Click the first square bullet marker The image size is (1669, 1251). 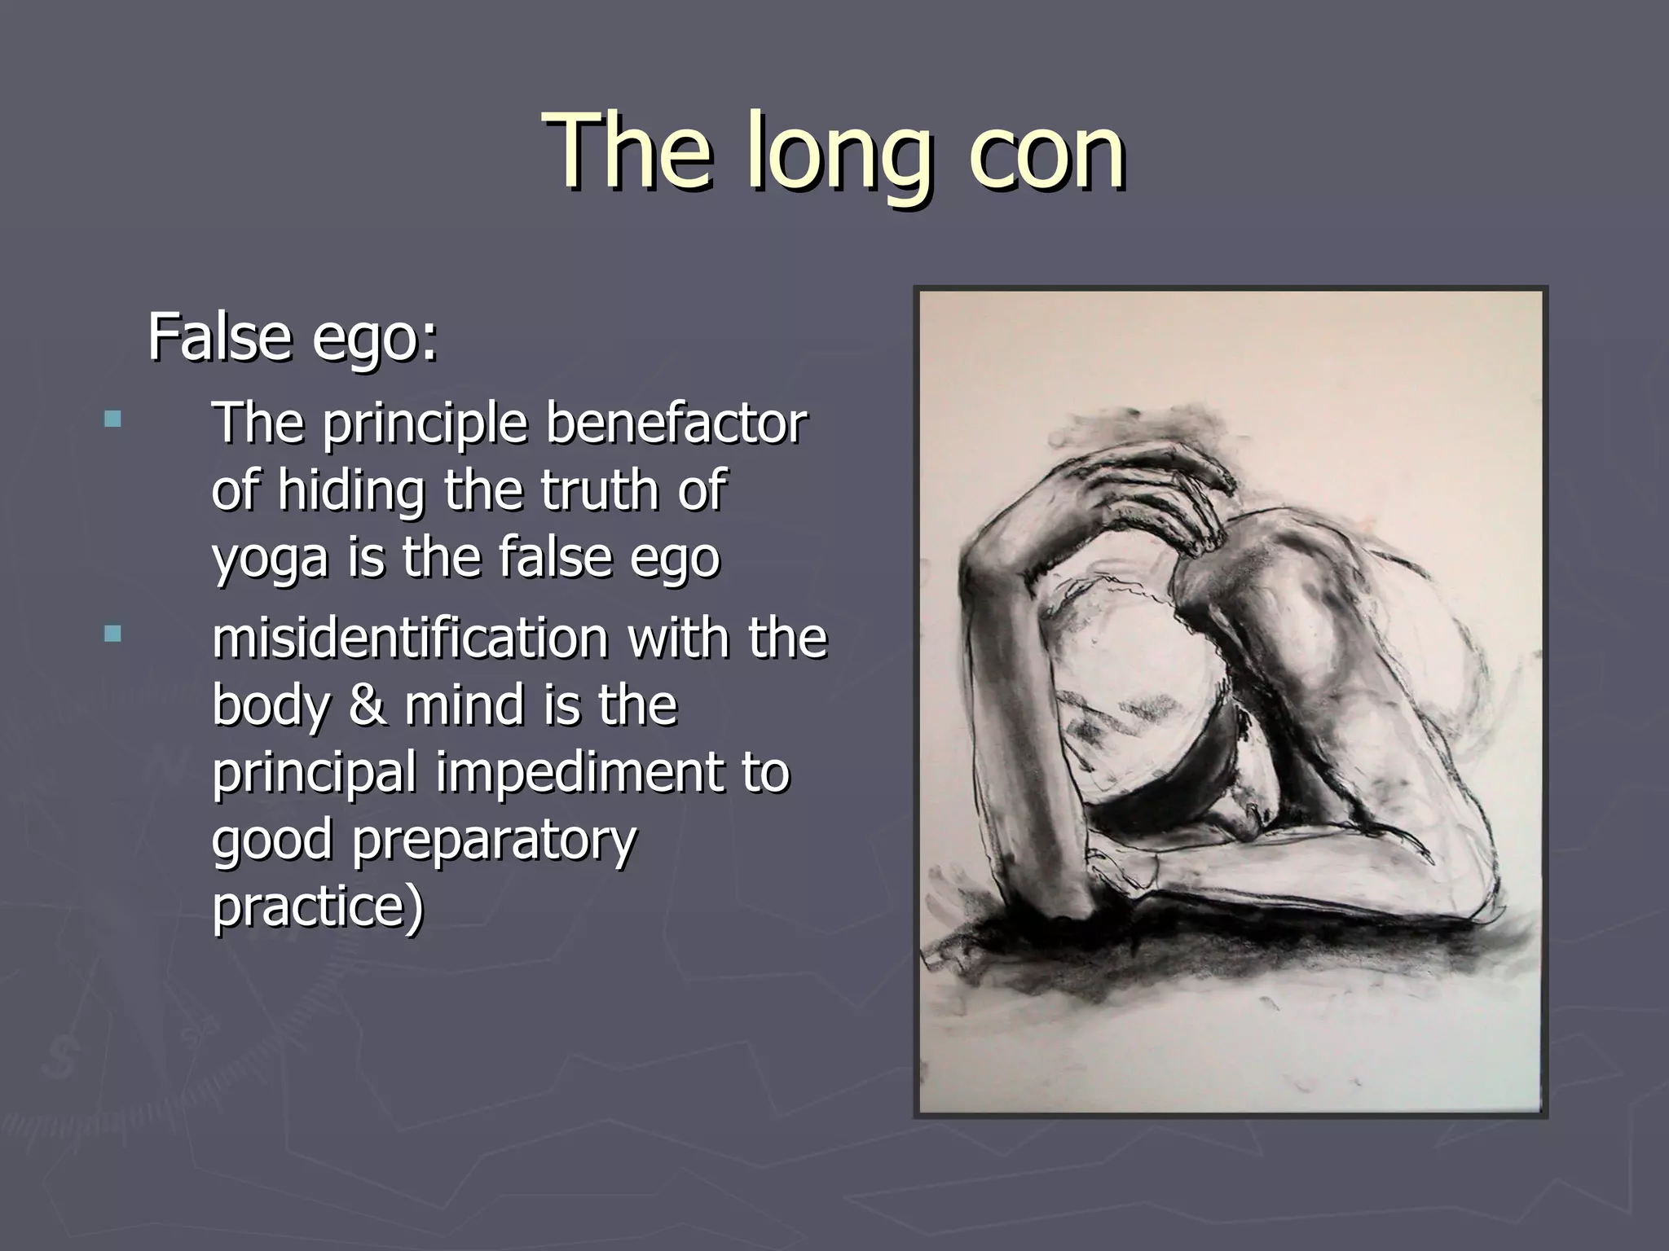point(112,420)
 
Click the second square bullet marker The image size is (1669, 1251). point(112,634)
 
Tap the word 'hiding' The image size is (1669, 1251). point(351,490)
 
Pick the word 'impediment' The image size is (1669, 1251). point(579,771)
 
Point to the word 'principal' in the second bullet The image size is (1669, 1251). point(315,771)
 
